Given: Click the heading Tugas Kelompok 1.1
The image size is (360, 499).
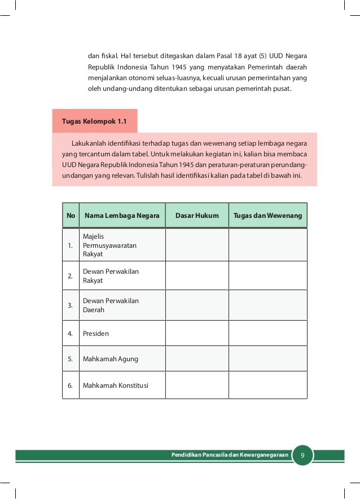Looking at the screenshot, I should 94,121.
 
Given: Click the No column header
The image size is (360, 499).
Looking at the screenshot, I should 71,216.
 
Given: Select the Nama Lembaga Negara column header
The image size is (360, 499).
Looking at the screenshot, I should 122,216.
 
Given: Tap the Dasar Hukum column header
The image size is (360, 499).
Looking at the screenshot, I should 197,216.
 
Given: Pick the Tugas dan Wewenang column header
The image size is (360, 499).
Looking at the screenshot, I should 268,216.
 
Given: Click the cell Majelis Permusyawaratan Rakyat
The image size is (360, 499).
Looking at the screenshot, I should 109,246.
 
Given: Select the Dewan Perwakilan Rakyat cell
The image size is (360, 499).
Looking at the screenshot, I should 111,276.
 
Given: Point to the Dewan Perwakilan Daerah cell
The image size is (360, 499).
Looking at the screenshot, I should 111,305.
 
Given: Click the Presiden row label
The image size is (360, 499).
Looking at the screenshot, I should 96,334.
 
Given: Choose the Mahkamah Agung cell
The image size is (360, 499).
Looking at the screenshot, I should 110,359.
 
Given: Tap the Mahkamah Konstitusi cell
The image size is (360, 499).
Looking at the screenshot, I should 116,386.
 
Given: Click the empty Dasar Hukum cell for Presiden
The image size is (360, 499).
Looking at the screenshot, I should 197,334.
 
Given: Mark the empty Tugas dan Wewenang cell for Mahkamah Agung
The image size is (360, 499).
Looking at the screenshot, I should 268,359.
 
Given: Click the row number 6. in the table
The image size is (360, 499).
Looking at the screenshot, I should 70,386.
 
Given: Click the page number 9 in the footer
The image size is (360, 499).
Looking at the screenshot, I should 302,455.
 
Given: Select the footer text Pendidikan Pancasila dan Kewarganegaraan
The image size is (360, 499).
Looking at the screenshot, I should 230,455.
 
